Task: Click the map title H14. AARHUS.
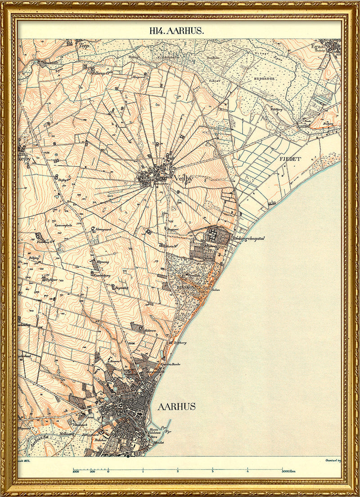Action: (x=177, y=31)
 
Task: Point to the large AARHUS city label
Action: (x=176, y=407)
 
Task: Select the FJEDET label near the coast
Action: (x=290, y=159)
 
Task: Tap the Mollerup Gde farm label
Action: (x=100, y=72)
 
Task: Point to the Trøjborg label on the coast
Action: (x=180, y=343)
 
